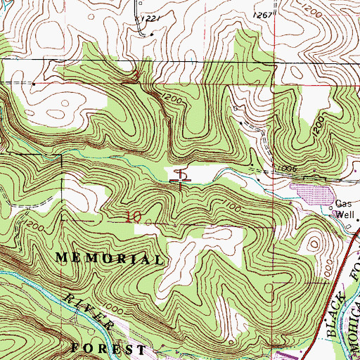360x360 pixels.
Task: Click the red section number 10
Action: click(133, 217)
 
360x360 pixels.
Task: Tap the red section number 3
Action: click(136, 75)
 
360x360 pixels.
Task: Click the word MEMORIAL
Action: click(109, 259)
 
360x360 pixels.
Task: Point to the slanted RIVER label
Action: click(91, 310)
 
